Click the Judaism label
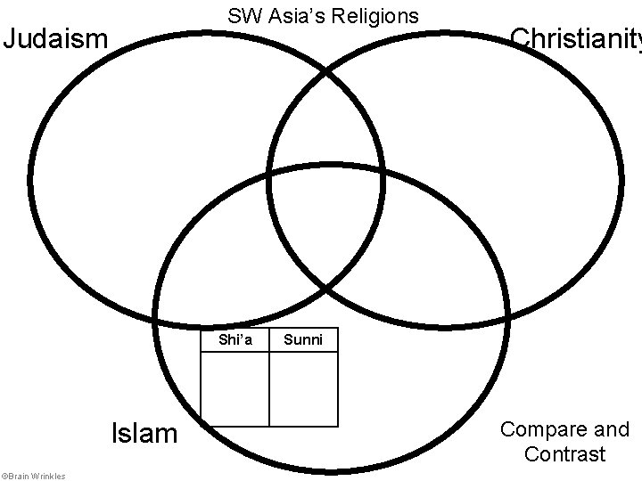point(56,39)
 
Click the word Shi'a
point(235,339)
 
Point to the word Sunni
point(302,339)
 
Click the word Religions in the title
point(374,16)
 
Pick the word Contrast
point(565,454)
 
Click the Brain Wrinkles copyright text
point(34,476)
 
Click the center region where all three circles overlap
point(326,232)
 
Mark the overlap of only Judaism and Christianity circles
point(326,116)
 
